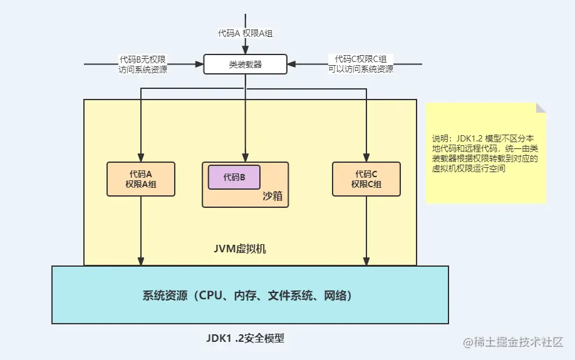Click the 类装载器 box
[x=245, y=64]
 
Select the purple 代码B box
[x=234, y=177]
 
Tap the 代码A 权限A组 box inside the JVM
[x=141, y=179]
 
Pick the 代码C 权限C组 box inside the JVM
[x=366, y=179]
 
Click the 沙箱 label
[x=272, y=197]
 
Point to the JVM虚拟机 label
[x=240, y=249]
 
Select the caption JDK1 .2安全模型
[x=245, y=338]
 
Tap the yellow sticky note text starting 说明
[x=485, y=153]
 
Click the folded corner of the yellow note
[x=541, y=108]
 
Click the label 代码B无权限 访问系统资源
[x=143, y=64]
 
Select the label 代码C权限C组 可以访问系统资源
[x=360, y=64]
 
